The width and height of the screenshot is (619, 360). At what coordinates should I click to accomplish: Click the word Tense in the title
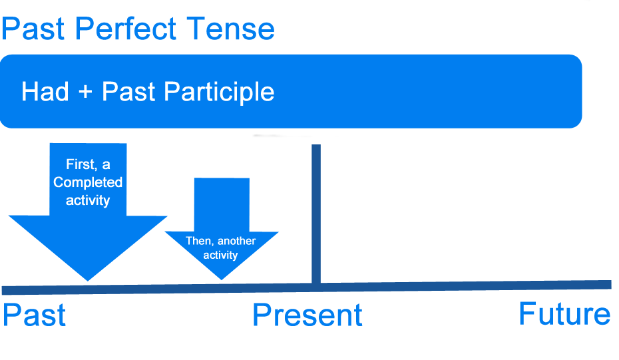click(230, 29)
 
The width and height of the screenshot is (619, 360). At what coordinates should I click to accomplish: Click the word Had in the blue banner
click(45, 92)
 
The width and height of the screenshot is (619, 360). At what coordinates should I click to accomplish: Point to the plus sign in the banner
click(85, 92)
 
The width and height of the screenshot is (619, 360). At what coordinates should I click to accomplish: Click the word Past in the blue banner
click(128, 92)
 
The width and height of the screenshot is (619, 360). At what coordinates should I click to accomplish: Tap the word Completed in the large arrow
click(88, 182)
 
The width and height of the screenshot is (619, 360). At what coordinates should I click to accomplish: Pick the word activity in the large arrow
click(88, 200)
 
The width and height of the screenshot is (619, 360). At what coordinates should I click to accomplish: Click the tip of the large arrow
click(87, 278)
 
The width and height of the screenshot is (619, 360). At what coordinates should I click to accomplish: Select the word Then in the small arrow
click(198, 241)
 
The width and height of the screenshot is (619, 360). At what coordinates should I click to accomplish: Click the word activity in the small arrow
click(220, 255)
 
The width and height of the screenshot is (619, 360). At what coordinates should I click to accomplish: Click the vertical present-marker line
click(316, 213)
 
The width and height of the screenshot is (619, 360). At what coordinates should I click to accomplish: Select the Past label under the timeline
click(34, 315)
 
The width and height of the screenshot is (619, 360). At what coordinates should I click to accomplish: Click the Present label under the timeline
click(308, 315)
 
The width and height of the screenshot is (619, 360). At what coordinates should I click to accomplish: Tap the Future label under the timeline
click(564, 313)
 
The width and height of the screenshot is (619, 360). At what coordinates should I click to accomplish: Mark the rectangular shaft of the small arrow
click(222, 204)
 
